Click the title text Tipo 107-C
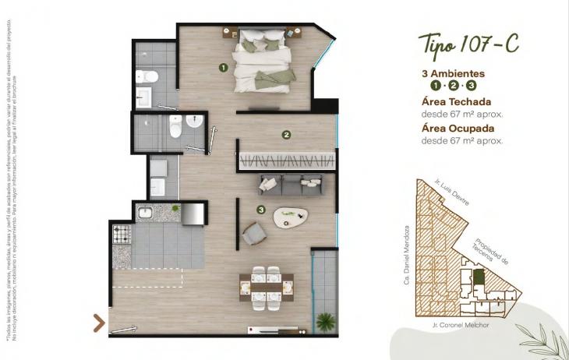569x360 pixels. tap(468, 44)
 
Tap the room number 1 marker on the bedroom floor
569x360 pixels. tap(223, 68)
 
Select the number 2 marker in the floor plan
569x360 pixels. tap(287, 134)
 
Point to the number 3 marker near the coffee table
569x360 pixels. tap(261, 209)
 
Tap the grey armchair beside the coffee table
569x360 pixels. tap(254, 233)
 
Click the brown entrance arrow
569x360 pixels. tap(99, 323)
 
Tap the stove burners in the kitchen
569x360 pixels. tap(122, 233)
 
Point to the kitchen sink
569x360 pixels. tap(146, 212)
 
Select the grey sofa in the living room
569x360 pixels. tap(290, 185)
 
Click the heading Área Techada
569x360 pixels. tap(456, 101)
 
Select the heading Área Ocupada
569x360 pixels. tap(458, 129)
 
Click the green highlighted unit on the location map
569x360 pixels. tap(479, 277)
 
